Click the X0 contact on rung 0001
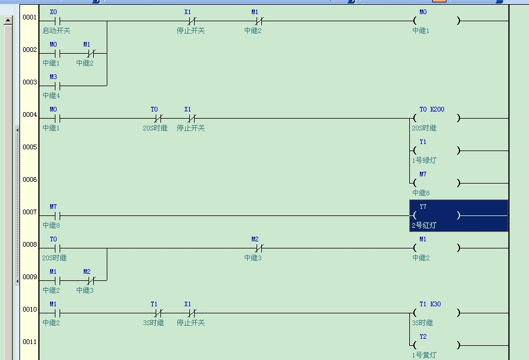click(x=57, y=21)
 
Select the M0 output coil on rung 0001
click(x=436, y=21)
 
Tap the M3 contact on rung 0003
click(x=57, y=86)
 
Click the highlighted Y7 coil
click(x=459, y=215)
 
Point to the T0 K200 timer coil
click(x=436, y=118)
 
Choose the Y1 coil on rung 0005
click(x=436, y=150)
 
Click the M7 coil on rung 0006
click(x=436, y=183)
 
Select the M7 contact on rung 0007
click(x=57, y=215)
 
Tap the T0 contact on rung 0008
click(x=57, y=248)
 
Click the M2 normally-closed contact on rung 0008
click(x=259, y=248)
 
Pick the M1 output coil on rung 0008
click(x=436, y=248)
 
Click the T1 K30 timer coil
click(x=436, y=313)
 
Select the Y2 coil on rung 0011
click(x=436, y=345)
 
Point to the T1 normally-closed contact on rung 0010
click(x=158, y=313)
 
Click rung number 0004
click(x=29, y=115)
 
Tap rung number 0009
click(x=29, y=277)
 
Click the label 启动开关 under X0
click(x=57, y=31)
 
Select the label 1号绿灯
click(x=424, y=161)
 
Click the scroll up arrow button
click(x=8, y=20)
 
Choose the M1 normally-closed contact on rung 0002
click(x=91, y=53)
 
